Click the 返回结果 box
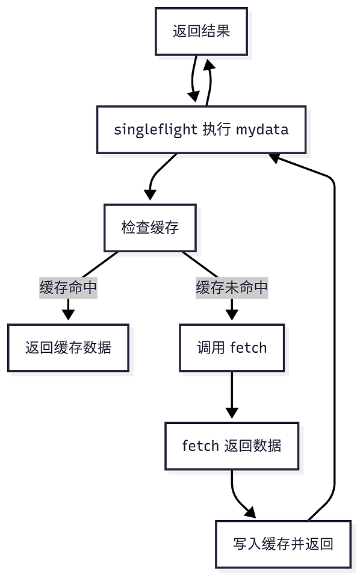[201, 31]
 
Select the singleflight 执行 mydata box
[201, 129]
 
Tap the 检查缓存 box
[150, 228]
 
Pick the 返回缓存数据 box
[68, 347]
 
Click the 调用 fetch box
[232, 347]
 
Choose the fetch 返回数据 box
[232, 446]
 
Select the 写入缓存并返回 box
[283, 544]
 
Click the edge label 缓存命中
[68, 288]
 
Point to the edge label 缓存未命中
[232, 288]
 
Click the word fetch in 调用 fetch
[249, 347]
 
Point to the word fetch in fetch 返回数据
[200, 446]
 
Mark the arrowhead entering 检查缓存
[150, 195]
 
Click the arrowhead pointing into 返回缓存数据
[68, 315]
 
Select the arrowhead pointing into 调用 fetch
[232, 315]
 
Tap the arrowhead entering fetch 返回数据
[232, 413]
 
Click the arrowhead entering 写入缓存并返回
[249, 512]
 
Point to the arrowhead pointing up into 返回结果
[209, 64]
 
